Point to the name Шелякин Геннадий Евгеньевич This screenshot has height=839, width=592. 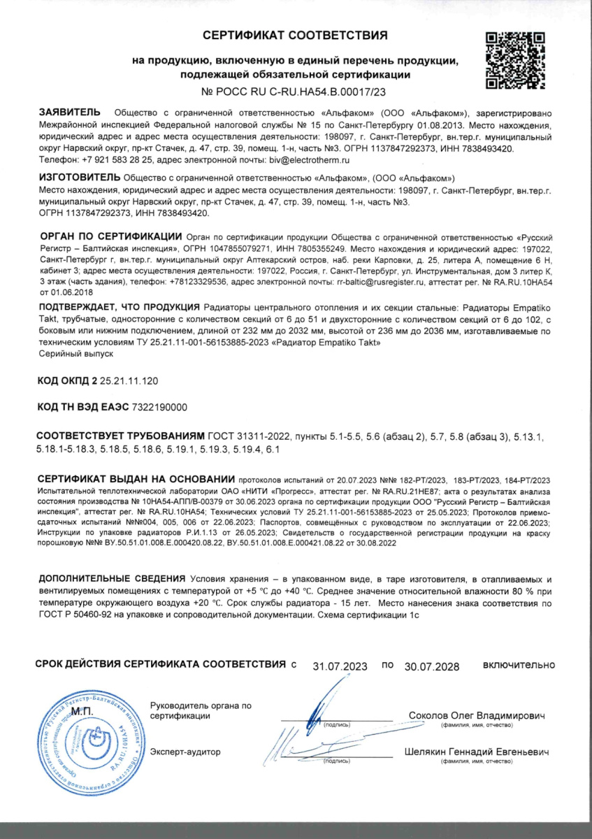pos(477,752)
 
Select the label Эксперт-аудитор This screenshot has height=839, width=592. pos(185,752)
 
